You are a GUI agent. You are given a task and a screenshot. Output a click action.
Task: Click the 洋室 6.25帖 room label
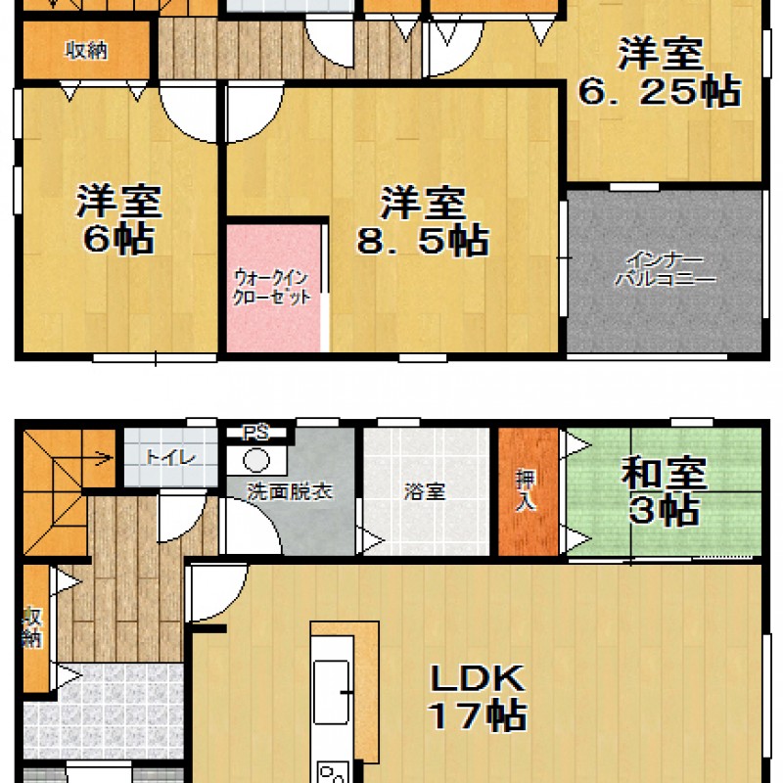[659, 71]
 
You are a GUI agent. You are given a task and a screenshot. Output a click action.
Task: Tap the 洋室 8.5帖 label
[423, 221]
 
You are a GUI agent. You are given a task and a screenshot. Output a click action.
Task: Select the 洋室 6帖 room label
[118, 219]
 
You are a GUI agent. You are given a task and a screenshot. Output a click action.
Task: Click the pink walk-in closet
[274, 288]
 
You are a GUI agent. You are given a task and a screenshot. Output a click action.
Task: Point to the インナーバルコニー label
[665, 269]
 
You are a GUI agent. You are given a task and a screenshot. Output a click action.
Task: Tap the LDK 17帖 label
[478, 697]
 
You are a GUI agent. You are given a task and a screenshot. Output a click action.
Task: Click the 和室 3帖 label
[664, 491]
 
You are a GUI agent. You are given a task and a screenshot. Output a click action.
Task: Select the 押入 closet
[529, 492]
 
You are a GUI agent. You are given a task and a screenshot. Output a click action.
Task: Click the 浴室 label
[425, 492]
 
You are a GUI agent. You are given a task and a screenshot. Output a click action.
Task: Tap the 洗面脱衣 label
[290, 492]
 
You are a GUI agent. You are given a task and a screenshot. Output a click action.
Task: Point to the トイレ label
[170, 457]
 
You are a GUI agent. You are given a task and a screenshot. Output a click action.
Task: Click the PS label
[255, 432]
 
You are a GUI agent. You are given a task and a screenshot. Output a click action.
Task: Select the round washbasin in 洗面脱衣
[256, 460]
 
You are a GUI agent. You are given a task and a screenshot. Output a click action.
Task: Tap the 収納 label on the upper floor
[86, 51]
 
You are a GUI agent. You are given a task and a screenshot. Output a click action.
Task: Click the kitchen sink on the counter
[331, 691]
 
